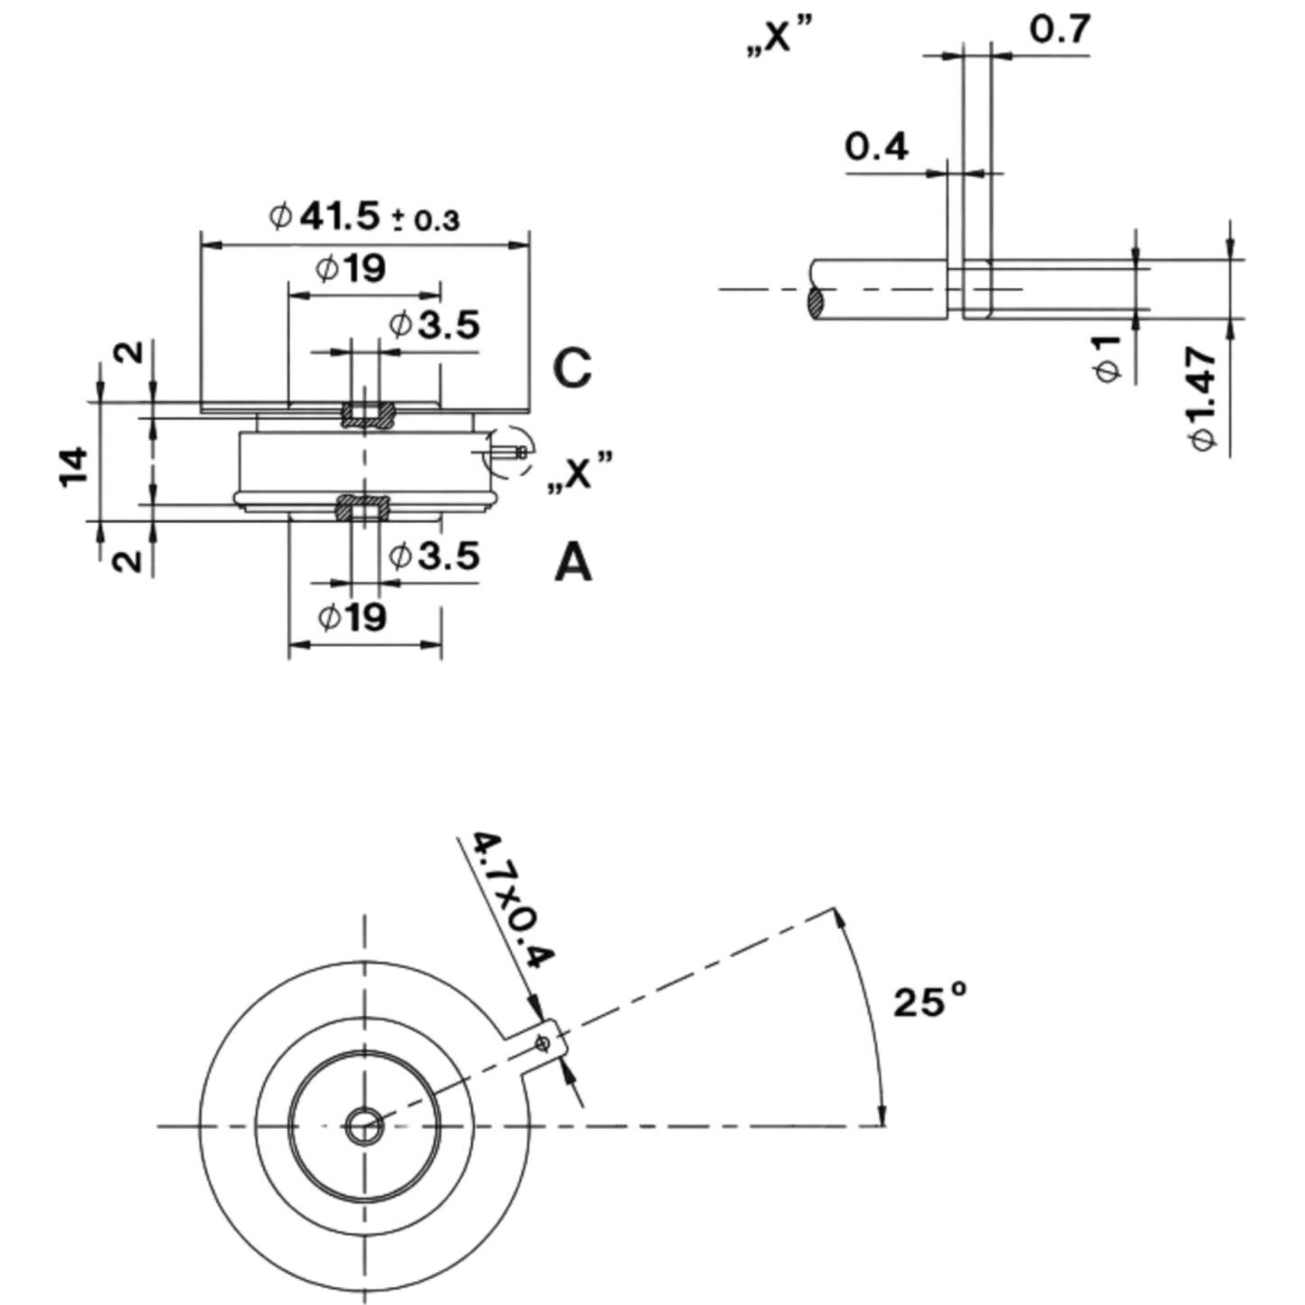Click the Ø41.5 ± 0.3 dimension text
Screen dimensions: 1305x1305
364,218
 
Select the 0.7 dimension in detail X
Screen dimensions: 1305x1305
1060,29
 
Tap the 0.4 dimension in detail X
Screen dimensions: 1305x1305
876,147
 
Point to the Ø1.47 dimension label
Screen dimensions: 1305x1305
1203,398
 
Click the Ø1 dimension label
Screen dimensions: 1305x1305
1108,359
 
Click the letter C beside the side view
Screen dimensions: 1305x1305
573,369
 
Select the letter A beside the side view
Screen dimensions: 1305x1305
573,564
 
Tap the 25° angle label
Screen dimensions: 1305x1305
930,1002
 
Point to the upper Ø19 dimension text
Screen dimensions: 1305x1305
350,269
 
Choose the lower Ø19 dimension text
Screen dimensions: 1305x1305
352,617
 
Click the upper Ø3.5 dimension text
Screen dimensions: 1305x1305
434,324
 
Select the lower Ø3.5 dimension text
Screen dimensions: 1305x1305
434,556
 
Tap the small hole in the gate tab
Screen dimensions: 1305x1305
542,1044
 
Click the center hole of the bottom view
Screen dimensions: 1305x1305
365,1128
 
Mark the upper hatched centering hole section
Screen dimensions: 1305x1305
367,415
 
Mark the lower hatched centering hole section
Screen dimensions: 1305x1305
364,508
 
